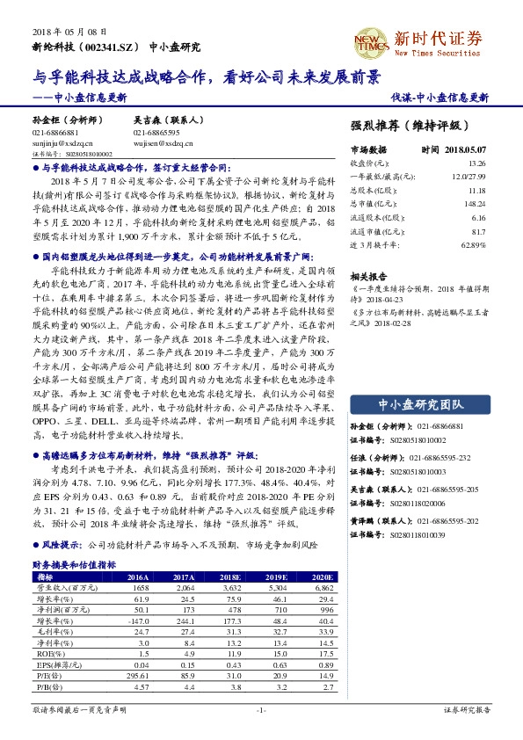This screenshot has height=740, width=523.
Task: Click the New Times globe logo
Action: point(367,40)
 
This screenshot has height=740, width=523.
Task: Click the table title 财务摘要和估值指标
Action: point(70,567)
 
